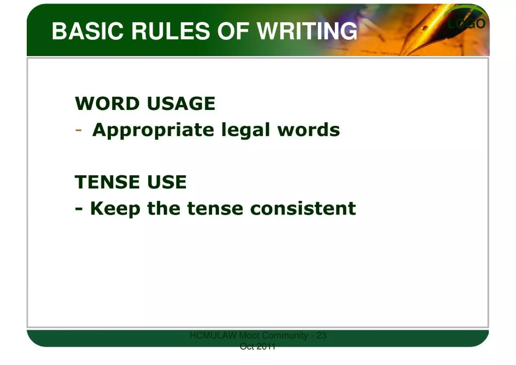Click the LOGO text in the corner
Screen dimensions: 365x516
tap(466, 24)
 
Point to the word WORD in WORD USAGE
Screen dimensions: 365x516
tap(107, 103)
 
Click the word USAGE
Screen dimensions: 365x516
tap(181, 103)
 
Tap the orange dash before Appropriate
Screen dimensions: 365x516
tap(78, 130)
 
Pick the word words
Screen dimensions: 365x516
tap(309, 130)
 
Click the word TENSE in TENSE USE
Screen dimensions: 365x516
tap(107, 182)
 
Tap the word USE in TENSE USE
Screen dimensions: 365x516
tap(167, 182)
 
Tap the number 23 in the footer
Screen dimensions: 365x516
tap(321, 335)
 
